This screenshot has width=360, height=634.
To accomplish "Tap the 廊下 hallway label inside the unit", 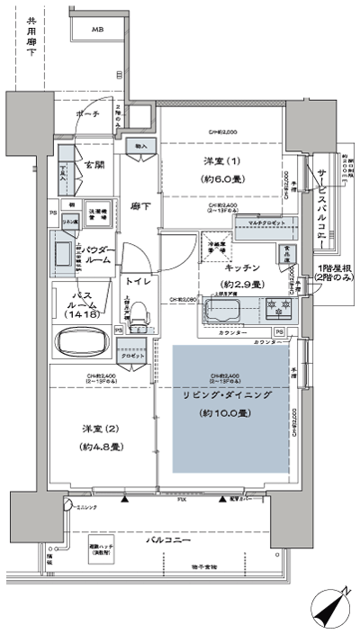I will coord(139,205).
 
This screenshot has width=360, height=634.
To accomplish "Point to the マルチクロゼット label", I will coord(259,221).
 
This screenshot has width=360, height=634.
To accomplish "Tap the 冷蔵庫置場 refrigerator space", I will coord(216,245).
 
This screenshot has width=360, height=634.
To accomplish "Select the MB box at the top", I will coord(96,29).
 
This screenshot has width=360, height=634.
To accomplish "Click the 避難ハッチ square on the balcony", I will coord(101,550).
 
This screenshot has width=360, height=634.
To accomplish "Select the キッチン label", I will coord(243,268).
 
